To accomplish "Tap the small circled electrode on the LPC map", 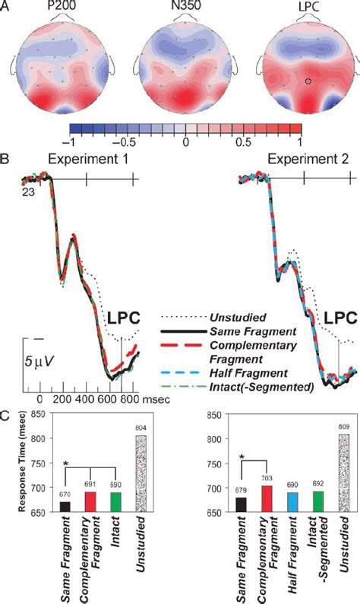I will pos(287,81).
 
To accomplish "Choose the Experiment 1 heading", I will pos(87,161).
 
